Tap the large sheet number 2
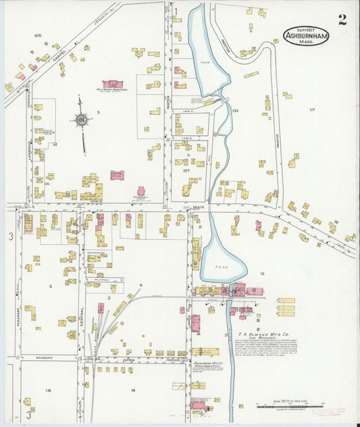[342, 19]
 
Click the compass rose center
[82, 120]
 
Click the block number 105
[37, 35]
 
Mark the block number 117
[311, 109]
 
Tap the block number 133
[235, 109]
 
